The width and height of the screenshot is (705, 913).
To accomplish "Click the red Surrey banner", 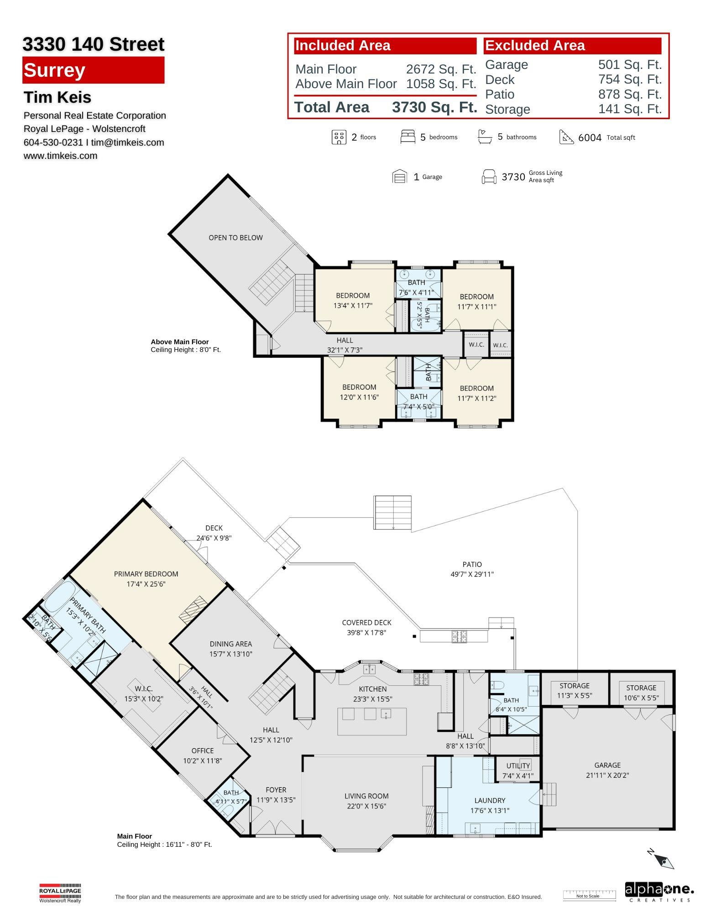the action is [x=93, y=70].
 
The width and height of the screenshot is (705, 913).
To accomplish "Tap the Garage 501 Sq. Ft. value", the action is [x=630, y=65].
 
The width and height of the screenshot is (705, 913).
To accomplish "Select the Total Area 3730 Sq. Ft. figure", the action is [x=434, y=107].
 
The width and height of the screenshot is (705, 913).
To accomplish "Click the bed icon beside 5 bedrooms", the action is [x=407, y=137].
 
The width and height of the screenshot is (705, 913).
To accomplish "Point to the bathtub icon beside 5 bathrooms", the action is [x=485, y=136].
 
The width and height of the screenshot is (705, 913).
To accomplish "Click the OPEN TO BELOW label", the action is [x=235, y=237].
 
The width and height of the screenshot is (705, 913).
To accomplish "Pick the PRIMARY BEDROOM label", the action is [x=146, y=574].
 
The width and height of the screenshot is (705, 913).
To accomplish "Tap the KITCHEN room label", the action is [x=373, y=689].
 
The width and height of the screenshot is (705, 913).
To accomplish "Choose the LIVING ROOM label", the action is [x=366, y=796].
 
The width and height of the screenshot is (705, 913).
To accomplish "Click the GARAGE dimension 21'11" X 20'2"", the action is [x=607, y=775].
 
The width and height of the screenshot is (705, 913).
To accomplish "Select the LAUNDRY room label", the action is [x=490, y=800].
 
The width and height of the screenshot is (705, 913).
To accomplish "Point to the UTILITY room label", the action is [x=518, y=766].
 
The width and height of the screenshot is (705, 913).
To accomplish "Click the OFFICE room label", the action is [x=203, y=750].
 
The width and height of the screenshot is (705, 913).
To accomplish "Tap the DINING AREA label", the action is [x=231, y=644].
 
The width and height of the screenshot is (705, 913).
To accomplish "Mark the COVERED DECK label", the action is [x=366, y=622].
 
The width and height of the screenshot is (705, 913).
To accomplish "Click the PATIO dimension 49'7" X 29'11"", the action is [x=472, y=574].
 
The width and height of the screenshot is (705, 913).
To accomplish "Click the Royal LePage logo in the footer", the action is [x=60, y=893].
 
